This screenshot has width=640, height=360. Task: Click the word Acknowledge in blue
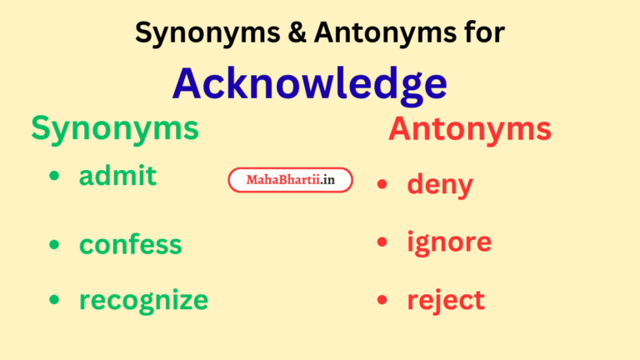click(x=309, y=83)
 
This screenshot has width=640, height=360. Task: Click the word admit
click(x=117, y=176)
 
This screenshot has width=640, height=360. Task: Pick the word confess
click(x=130, y=244)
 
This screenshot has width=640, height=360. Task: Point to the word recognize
click(x=143, y=300)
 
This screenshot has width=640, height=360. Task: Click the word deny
click(x=439, y=184)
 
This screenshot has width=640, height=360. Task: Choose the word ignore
click(x=449, y=242)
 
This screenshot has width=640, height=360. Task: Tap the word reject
click(x=446, y=300)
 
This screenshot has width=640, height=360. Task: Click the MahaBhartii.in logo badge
click(x=290, y=180)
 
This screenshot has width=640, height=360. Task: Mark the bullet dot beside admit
click(x=55, y=177)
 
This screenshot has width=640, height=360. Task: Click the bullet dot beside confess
click(x=55, y=245)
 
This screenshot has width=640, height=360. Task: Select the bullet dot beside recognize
click(x=55, y=300)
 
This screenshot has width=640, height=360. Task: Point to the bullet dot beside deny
click(x=382, y=184)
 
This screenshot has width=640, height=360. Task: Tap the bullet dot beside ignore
click(x=382, y=242)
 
